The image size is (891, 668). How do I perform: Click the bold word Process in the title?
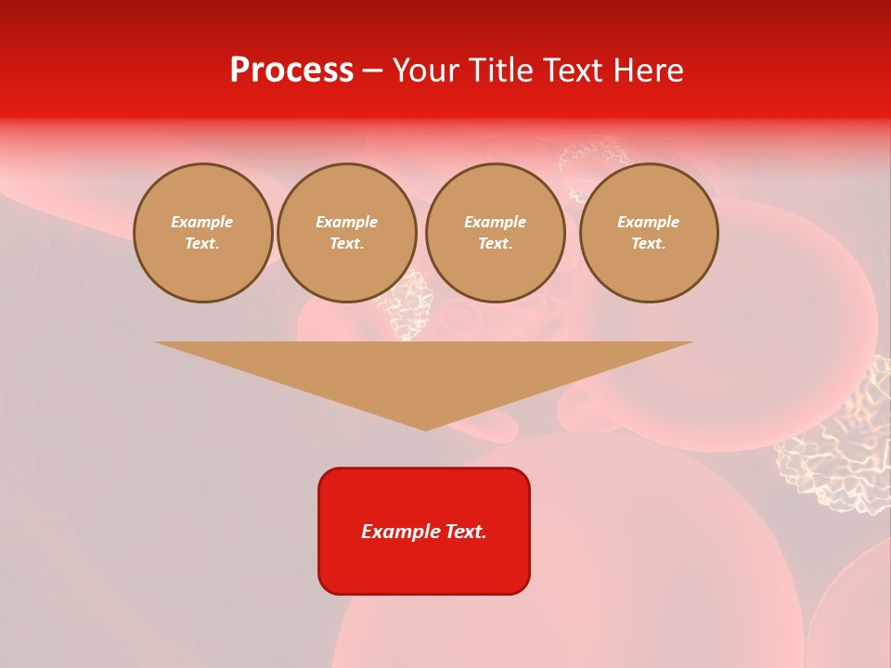tap(291, 71)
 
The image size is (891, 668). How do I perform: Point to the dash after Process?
tap(372, 71)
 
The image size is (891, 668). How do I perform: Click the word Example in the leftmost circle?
tap(202, 222)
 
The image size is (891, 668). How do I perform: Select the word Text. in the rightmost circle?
tap(649, 244)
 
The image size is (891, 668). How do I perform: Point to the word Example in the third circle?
tap(496, 222)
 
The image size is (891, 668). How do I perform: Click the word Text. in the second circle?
tap(347, 244)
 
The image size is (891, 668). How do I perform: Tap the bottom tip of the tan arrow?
tap(425, 428)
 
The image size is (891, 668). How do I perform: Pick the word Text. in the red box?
tap(467, 532)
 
